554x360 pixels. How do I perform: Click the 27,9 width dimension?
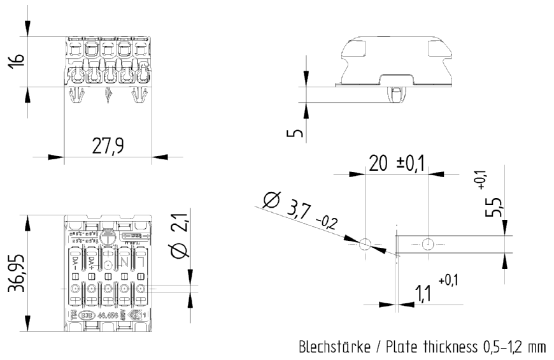108,147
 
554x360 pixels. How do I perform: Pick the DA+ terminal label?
90,263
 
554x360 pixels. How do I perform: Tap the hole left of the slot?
364,243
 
